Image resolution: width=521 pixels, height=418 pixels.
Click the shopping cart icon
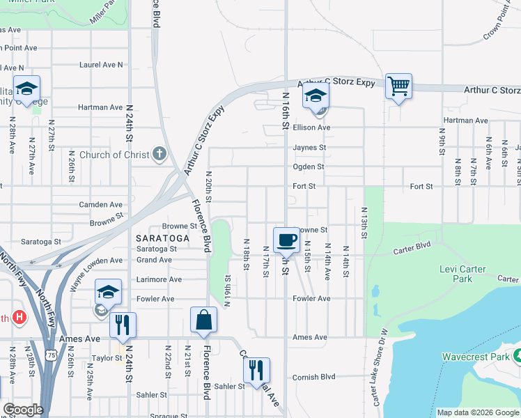pos(398,86)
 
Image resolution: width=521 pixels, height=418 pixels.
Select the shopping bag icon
pos(203,320)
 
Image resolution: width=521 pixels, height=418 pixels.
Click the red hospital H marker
pos(20,317)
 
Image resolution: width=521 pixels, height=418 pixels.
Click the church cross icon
pos(160,154)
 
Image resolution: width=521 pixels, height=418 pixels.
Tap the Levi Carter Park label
pos(466,274)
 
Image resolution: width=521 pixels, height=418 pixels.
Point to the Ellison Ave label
pos(311,127)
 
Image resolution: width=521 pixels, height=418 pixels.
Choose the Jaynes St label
pos(309,148)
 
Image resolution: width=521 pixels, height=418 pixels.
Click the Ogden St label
pos(309,167)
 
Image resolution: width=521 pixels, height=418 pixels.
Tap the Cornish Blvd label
pos(313,377)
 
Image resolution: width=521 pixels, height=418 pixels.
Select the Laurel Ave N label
pos(100,64)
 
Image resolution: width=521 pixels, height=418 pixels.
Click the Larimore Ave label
pos(159,279)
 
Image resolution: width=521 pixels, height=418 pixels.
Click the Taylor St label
pos(107,358)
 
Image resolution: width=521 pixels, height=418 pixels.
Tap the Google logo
pos(24,409)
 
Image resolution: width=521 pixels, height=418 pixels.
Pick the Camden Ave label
pos(100,205)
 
